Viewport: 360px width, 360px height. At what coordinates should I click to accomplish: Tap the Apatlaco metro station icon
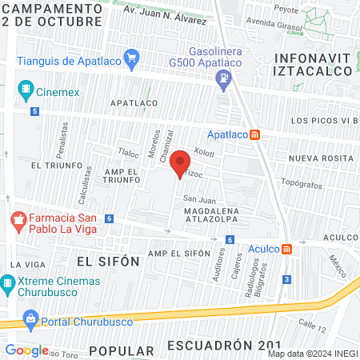click(255, 134)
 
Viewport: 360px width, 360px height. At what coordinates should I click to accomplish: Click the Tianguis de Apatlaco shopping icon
click(132, 58)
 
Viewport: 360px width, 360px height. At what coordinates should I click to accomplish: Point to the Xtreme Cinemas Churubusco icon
click(8, 282)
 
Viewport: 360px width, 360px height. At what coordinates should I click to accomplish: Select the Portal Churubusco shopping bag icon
click(30, 320)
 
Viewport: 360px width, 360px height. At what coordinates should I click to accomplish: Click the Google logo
click(26, 350)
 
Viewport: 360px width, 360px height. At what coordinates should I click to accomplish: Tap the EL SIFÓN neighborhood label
click(108, 261)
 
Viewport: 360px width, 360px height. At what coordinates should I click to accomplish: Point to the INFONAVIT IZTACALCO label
click(312, 64)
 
